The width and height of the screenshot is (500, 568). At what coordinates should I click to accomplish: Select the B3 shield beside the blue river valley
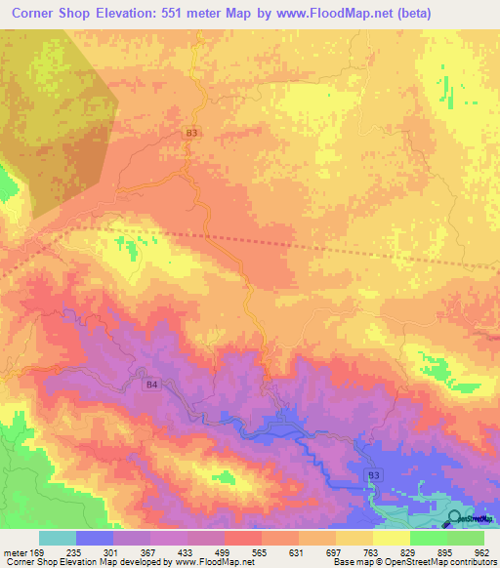[x=376, y=473]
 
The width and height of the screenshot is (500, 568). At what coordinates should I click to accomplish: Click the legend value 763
[x=372, y=551]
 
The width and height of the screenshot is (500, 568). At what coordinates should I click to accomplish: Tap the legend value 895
[x=444, y=551]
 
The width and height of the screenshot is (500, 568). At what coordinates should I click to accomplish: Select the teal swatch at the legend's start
[x=58, y=537]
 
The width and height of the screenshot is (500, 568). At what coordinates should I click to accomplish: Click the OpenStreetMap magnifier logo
[x=455, y=518]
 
